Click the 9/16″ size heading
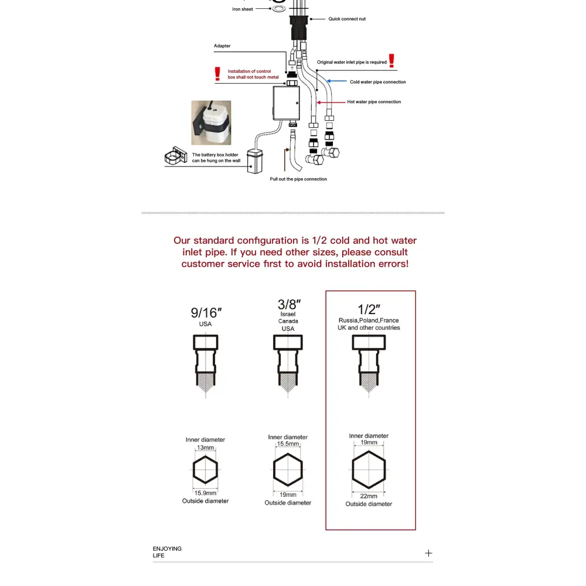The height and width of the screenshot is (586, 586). [x=205, y=313]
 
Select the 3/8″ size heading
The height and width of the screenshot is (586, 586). [x=288, y=305]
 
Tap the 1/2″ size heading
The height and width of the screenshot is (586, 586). [x=369, y=309]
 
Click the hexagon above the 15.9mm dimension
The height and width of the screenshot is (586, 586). [x=205, y=469]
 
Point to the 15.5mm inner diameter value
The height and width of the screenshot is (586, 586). [x=288, y=444]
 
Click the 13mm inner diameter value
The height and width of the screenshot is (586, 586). [x=205, y=447]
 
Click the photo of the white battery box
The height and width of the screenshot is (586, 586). [x=211, y=123]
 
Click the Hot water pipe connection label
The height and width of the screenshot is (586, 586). [x=374, y=102]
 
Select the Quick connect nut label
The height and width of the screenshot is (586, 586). [x=346, y=19]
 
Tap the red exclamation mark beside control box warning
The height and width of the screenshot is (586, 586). [x=217, y=74]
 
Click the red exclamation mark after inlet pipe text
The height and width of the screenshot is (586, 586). [x=391, y=60]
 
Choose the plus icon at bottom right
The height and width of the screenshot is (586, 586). [x=428, y=553]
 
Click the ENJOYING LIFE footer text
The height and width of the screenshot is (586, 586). [x=167, y=552]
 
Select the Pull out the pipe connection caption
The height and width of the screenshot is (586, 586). [x=298, y=179]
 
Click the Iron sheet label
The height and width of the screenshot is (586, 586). [x=243, y=9]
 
